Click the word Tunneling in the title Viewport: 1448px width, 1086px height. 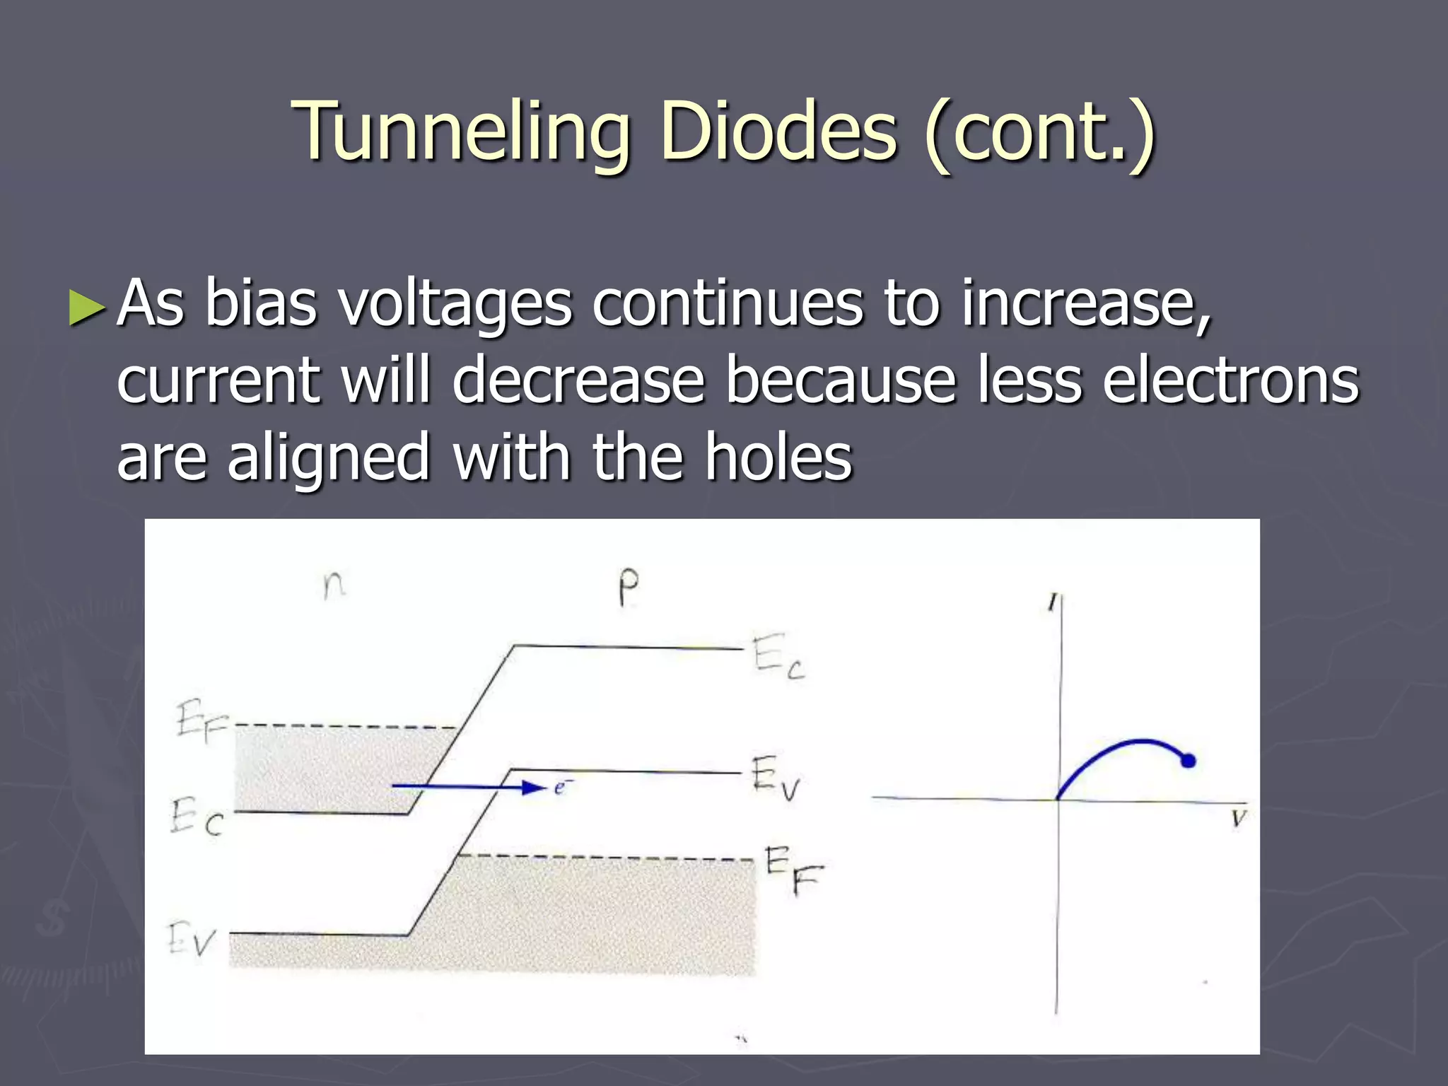pyautogui.click(x=463, y=133)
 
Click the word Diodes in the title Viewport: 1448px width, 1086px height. pyautogui.click(x=778, y=133)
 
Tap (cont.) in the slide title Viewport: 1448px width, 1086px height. pyautogui.click(x=1039, y=133)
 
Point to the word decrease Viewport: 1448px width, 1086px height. pyautogui.click(x=578, y=380)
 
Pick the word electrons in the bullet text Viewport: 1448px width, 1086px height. pyautogui.click(x=1230, y=380)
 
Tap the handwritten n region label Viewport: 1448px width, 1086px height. pyautogui.click(x=334, y=585)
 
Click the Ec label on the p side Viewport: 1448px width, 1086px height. pyautogui.click(x=778, y=658)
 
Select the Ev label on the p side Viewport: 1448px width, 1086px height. pyautogui.click(x=775, y=778)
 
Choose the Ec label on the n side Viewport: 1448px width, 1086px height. pyautogui.click(x=197, y=817)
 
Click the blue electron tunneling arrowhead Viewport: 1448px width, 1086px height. pyautogui.click(x=534, y=787)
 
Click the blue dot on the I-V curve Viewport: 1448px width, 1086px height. pyautogui.click(x=1188, y=761)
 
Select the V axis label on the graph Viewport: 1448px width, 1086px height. pyautogui.click(x=1238, y=819)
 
